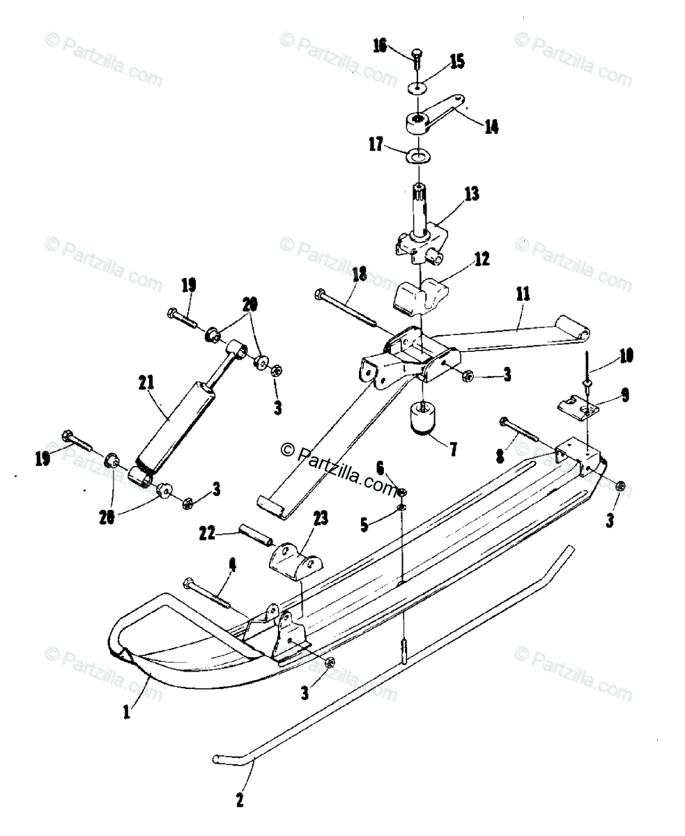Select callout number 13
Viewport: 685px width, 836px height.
472,194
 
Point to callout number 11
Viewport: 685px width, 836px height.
523,295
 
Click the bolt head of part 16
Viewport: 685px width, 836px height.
417,52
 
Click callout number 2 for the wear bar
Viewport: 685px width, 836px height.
240,800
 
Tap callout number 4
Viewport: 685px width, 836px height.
232,565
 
